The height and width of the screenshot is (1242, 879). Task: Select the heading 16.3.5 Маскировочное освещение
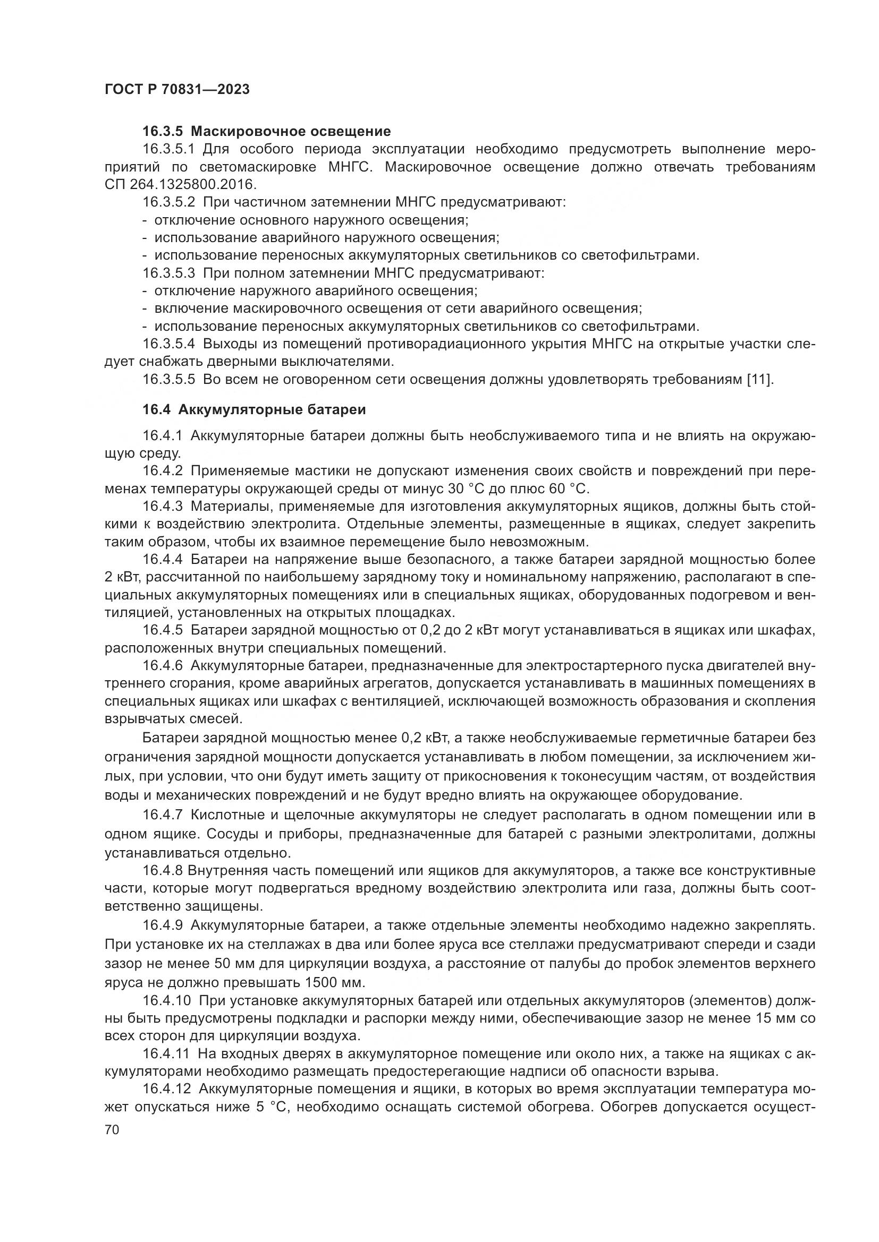tap(266, 131)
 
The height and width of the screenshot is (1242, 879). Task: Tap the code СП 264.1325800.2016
tap(179, 184)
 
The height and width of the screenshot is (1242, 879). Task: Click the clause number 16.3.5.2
tap(168, 202)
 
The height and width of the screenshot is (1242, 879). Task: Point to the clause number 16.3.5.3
tap(168, 273)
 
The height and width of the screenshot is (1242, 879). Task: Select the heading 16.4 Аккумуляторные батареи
tap(254, 409)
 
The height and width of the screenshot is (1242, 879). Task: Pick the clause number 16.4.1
tap(163, 436)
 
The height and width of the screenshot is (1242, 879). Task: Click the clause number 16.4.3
tap(163, 507)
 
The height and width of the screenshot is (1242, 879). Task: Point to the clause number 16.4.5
tap(163, 630)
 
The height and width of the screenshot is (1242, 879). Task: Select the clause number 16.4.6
tap(163, 666)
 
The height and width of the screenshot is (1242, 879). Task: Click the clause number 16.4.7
tap(163, 815)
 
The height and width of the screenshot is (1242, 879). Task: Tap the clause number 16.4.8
tap(163, 871)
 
